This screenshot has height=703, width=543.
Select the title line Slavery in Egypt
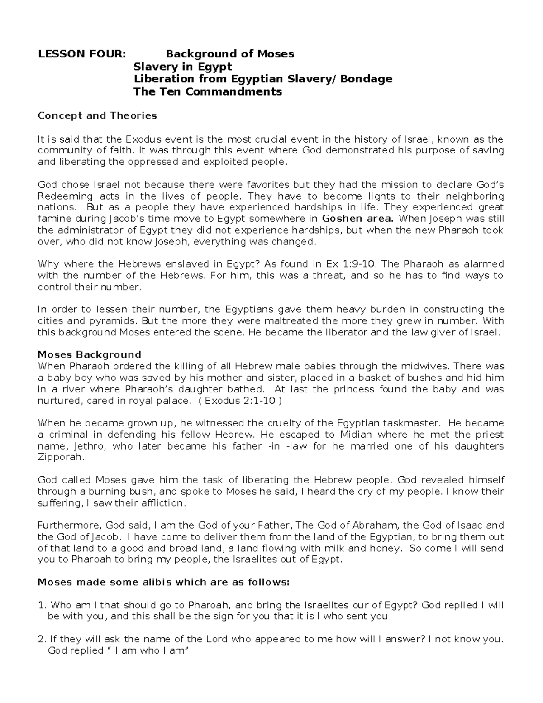[x=182, y=67]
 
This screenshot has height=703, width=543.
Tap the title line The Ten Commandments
[x=207, y=92]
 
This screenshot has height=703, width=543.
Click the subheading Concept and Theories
[x=97, y=115]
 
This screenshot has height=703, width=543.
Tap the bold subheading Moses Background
[x=89, y=354]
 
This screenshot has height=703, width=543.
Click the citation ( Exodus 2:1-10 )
[x=243, y=401]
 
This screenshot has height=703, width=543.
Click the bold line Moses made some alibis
[x=163, y=583]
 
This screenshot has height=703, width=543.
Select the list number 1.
[x=42, y=606]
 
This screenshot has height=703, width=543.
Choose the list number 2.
[x=42, y=640]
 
